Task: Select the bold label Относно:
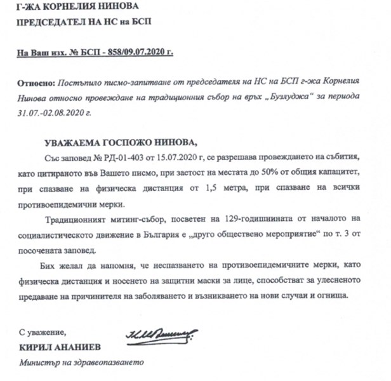tap(37, 84)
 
